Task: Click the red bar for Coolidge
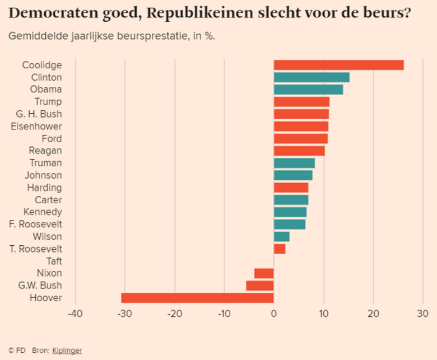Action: pos(338,65)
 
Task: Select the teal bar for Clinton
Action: pos(312,77)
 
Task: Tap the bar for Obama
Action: pos(308,90)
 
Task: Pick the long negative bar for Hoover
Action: pos(197,298)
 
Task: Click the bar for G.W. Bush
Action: pos(260,286)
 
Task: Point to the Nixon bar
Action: pos(264,273)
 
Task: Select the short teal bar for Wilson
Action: pos(281,236)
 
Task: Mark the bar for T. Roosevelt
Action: pos(280,249)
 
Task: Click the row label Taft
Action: pos(54,261)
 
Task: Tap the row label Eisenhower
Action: pos(36,127)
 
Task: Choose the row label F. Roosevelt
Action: pos(36,224)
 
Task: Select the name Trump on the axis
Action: pos(48,102)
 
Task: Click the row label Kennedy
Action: pos(43,212)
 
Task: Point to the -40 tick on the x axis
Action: pos(75,313)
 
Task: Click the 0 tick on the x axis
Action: pos(273,313)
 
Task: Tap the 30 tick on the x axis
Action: pos(422,313)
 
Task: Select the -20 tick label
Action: pos(174,313)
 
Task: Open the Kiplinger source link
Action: pos(67,350)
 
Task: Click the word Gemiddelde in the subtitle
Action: pos(35,36)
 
